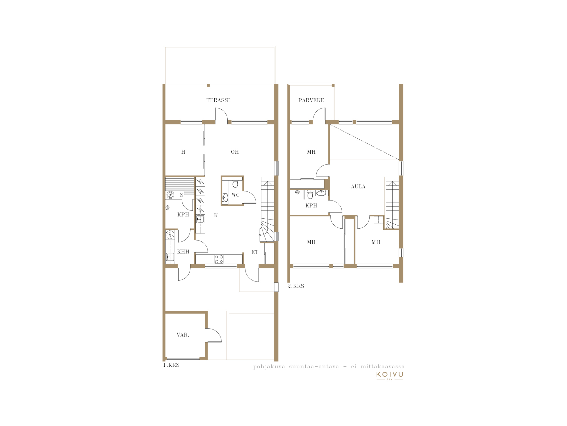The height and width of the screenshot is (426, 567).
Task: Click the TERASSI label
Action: point(218,100)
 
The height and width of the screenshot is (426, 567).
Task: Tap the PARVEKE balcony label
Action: point(311,100)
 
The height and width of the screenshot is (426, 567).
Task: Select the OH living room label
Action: point(235,152)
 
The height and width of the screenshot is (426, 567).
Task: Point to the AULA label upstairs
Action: point(358,187)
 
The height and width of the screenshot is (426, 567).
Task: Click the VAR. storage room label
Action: point(183,335)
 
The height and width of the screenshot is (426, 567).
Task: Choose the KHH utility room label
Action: point(183,252)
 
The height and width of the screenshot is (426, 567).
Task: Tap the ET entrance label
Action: point(255,252)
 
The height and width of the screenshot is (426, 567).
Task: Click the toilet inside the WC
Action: point(235,184)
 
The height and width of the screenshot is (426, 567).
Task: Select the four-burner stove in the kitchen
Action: point(219,259)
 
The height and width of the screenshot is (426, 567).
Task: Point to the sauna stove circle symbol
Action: point(170,195)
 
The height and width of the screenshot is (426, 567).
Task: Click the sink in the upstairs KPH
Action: point(321,193)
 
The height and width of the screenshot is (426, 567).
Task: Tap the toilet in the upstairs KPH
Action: point(310,195)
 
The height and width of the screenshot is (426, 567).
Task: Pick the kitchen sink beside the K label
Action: point(200,219)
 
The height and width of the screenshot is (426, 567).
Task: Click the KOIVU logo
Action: point(390,376)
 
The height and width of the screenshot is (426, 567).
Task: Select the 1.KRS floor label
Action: point(171,365)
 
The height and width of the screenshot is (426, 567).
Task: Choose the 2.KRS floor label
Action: point(296,286)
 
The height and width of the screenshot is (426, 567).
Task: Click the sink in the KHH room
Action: point(170,257)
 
